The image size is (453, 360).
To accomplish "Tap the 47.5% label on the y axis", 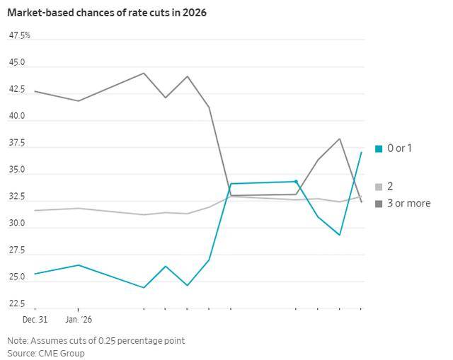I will point(19,35).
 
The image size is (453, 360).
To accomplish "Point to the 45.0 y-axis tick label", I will point(17,62).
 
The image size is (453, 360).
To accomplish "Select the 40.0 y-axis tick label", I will point(17,116).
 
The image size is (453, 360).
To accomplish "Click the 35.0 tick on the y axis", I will point(17,170).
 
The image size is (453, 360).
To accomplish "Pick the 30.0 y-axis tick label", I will point(17,223).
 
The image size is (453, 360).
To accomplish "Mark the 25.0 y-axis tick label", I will point(17,277).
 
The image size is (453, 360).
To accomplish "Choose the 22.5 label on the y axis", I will point(17,304).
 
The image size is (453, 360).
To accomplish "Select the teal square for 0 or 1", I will point(379,149).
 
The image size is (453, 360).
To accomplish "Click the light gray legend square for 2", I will point(379,187).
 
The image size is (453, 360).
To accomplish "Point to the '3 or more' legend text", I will point(408,204).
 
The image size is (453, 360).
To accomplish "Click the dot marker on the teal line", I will point(296,182).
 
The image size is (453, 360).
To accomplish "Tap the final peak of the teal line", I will point(361,152).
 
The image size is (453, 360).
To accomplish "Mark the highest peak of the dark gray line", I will point(144,73).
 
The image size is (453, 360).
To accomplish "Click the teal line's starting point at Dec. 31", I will point(35,274).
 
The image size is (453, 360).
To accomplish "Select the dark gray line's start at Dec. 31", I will point(35,91).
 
